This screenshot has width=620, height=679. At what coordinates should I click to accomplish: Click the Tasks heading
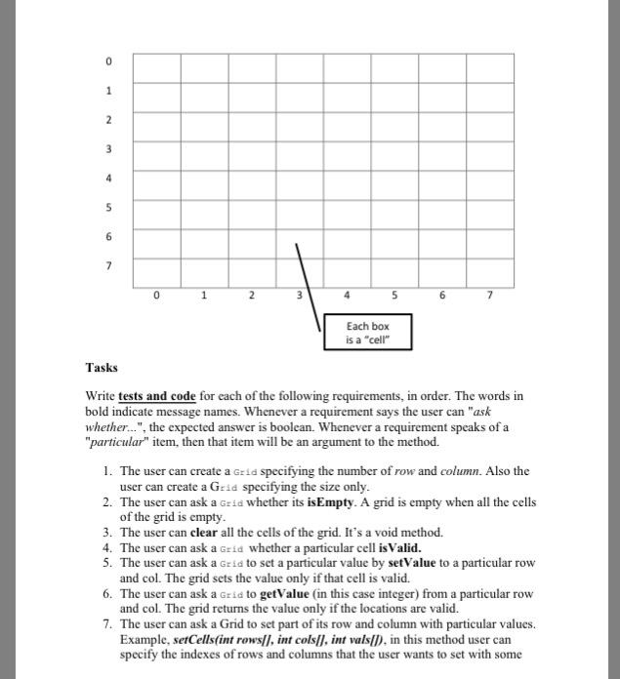coord(101,368)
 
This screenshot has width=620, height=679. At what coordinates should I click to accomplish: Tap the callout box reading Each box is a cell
coord(366,332)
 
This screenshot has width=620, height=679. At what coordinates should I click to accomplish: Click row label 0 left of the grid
coord(109,61)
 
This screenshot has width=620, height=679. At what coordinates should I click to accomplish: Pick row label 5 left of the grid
coord(109,206)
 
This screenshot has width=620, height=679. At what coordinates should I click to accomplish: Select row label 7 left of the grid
coord(109,264)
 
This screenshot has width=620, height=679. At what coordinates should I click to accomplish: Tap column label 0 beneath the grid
coord(156,294)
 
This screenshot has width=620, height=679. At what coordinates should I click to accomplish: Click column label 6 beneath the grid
coord(442,294)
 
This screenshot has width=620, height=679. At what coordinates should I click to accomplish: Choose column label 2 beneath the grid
coord(251,294)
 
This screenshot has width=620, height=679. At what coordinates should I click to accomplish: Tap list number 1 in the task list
coord(106,471)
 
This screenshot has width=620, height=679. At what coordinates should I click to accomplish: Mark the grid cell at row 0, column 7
coord(490,66)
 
